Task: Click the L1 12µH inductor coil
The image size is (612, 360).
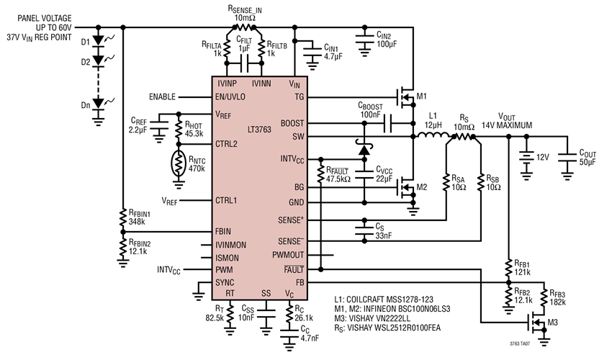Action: [431, 135]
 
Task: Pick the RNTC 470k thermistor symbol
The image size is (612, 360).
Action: [176, 164]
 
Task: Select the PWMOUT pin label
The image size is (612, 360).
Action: [288, 255]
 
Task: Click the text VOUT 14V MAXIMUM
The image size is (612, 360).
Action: [516, 120]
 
